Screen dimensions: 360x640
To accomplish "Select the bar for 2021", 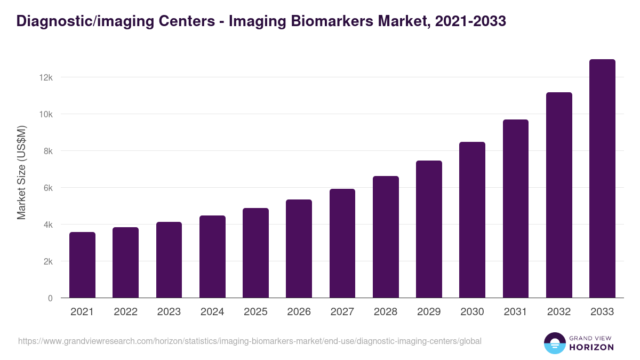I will click(x=82, y=265).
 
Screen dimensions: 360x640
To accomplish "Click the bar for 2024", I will click(x=212, y=257).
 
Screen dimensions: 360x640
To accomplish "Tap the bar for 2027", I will click(x=342, y=243).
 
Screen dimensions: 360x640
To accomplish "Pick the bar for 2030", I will click(x=472, y=220).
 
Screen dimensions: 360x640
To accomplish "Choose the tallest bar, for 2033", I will click(x=602, y=179).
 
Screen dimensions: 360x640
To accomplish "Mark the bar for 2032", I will click(x=559, y=195).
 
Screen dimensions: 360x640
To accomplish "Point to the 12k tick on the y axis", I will click(x=46, y=77).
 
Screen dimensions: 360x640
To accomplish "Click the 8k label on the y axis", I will click(x=47, y=151).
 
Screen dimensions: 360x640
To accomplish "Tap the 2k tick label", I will click(x=47, y=262).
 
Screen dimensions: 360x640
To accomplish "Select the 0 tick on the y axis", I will click(x=50, y=299).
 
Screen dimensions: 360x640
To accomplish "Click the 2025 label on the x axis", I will click(x=255, y=312).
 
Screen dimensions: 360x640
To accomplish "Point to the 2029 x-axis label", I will click(x=429, y=312).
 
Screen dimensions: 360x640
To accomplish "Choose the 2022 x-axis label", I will click(x=125, y=312).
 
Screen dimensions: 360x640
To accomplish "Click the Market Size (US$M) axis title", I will click(x=21, y=172).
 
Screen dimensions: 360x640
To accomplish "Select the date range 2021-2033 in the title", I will click(x=470, y=21).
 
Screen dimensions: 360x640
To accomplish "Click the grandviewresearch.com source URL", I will click(x=250, y=341).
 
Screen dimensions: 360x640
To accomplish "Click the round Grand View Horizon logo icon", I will click(x=555, y=343).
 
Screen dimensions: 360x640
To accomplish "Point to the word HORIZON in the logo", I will click(x=591, y=347).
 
